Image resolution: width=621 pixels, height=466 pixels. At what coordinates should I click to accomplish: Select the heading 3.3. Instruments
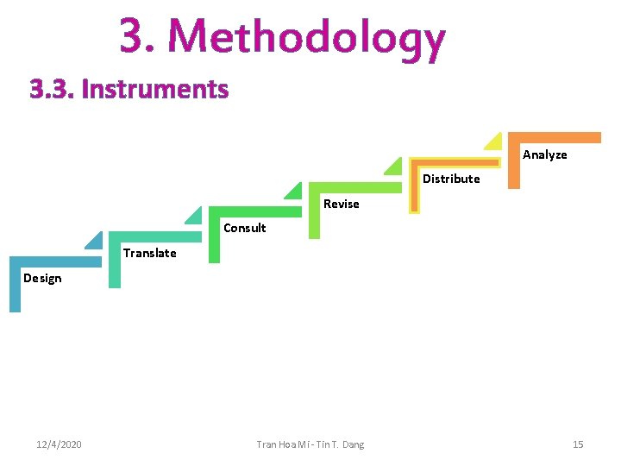point(129,89)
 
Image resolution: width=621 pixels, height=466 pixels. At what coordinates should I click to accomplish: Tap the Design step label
point(42,278)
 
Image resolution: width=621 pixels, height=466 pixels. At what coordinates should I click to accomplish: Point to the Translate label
point(149,253)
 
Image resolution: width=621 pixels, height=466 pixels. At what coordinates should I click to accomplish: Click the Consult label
point(245,228)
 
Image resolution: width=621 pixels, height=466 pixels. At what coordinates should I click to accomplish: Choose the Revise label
point(341,204)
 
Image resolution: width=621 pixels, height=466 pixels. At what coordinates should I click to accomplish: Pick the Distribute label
point(451,179)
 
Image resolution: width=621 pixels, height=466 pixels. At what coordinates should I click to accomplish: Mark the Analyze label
point(545,154)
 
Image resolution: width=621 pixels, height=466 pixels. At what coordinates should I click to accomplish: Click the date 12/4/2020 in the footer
point(60,444)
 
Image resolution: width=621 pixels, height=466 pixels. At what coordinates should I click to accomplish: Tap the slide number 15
point(578,444)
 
